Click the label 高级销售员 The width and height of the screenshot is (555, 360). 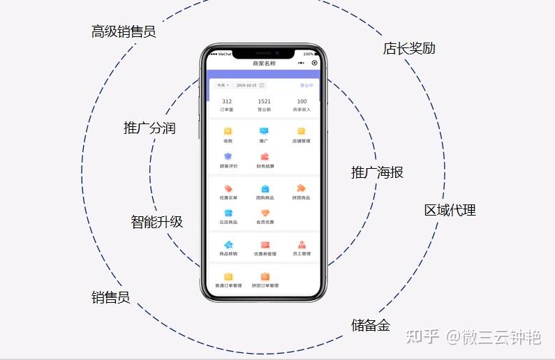(x=124, y=31)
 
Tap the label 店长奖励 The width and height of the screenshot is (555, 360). (x=409, y=48)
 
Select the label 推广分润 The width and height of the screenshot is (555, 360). (x=149, y=128)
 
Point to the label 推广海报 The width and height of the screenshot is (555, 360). (x=377, y=172)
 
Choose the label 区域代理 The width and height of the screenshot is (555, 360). (x=450, y=210)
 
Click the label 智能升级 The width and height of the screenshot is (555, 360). (x=157, y=222)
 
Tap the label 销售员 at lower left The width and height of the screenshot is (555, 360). (x=111, y=297)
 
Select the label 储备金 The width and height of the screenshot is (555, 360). (x=371, y=325)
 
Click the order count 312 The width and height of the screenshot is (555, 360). (x=227, y=102)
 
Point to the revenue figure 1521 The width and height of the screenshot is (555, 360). (x=264, y=102)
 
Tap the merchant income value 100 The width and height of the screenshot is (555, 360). (x=302, y=102)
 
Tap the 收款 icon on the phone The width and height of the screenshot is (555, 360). (x=228, y=131)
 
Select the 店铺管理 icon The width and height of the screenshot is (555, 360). (x=301, y=131)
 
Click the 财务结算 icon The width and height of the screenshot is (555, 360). (x=265, y=157)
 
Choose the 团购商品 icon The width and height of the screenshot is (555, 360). (x=265, y=188)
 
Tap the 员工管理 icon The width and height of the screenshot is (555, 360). (x=302, y=245)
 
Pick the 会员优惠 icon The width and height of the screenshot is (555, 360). (x=265, y=213)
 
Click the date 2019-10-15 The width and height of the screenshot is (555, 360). (x=246, y=85)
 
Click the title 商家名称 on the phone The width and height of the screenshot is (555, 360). (x=264, y=63)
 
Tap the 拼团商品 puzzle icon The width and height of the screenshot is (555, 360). (x=301, y=188)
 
